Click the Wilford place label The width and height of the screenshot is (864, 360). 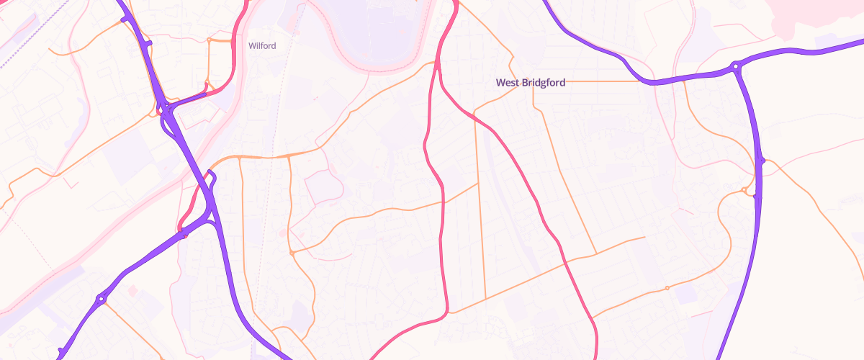[x=262, y=45]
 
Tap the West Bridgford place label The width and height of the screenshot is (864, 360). [x=531, y=83]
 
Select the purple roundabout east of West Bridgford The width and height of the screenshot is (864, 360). [x=736, y=67]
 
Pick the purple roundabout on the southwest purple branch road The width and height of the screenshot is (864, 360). [x=102, y=298]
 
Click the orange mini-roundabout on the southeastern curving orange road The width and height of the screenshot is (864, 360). [x=667, y=289]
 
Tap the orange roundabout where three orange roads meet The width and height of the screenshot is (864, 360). [x=292, y=253]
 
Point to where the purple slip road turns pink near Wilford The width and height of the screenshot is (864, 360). [x=207, y=94]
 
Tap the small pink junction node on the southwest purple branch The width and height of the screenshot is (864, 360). [x=185, y=234]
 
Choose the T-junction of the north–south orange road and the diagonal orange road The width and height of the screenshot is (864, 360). [x=485, y=297]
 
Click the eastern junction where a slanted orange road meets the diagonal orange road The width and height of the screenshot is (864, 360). [x=596, y=253]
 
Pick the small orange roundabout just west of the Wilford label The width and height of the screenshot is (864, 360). [x=209, y=39]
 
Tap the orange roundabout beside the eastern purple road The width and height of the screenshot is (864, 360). [x=744, y=190]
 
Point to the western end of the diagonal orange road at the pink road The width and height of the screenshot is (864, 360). [x=447, y=312]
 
